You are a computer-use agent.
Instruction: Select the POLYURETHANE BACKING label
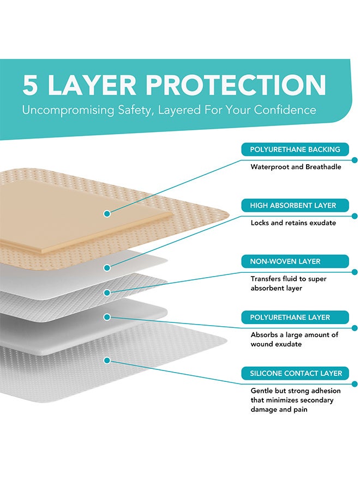[x=295, y=149]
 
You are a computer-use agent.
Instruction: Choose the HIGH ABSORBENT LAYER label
[x=293, y=205]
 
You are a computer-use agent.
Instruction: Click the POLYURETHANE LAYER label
[x=290, y=317]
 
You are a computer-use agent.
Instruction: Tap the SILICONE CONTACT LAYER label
[x=296, y=373]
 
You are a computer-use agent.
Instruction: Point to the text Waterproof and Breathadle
[x=296, y=167]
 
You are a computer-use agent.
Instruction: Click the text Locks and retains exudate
[x=293, y=223]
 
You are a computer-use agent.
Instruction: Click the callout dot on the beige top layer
[x=107, y=213]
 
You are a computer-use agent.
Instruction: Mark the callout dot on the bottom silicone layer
[x=107, y=360]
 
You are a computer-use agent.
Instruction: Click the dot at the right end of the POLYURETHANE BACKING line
[x=355, y=160]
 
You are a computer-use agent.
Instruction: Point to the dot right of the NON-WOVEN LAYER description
[x=355, y=272]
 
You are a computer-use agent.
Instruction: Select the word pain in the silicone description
[x=299, y=409]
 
